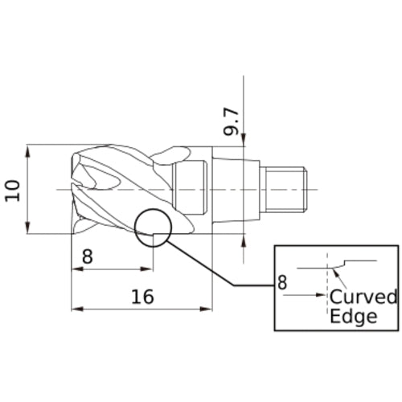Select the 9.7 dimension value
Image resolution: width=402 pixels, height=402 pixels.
[x=232, y=120]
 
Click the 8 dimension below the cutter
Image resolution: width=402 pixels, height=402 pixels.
[x=88, y=257]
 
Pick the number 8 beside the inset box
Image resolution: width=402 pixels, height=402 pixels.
[x=281, y=282]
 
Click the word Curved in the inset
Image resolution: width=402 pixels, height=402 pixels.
[x=363, y=297]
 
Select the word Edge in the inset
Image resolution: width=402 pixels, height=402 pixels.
[x=354, y=316]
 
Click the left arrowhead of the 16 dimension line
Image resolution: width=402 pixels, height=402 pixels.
[x=76, y=308]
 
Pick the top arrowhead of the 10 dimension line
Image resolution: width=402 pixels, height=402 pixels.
[x=29, y=150]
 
